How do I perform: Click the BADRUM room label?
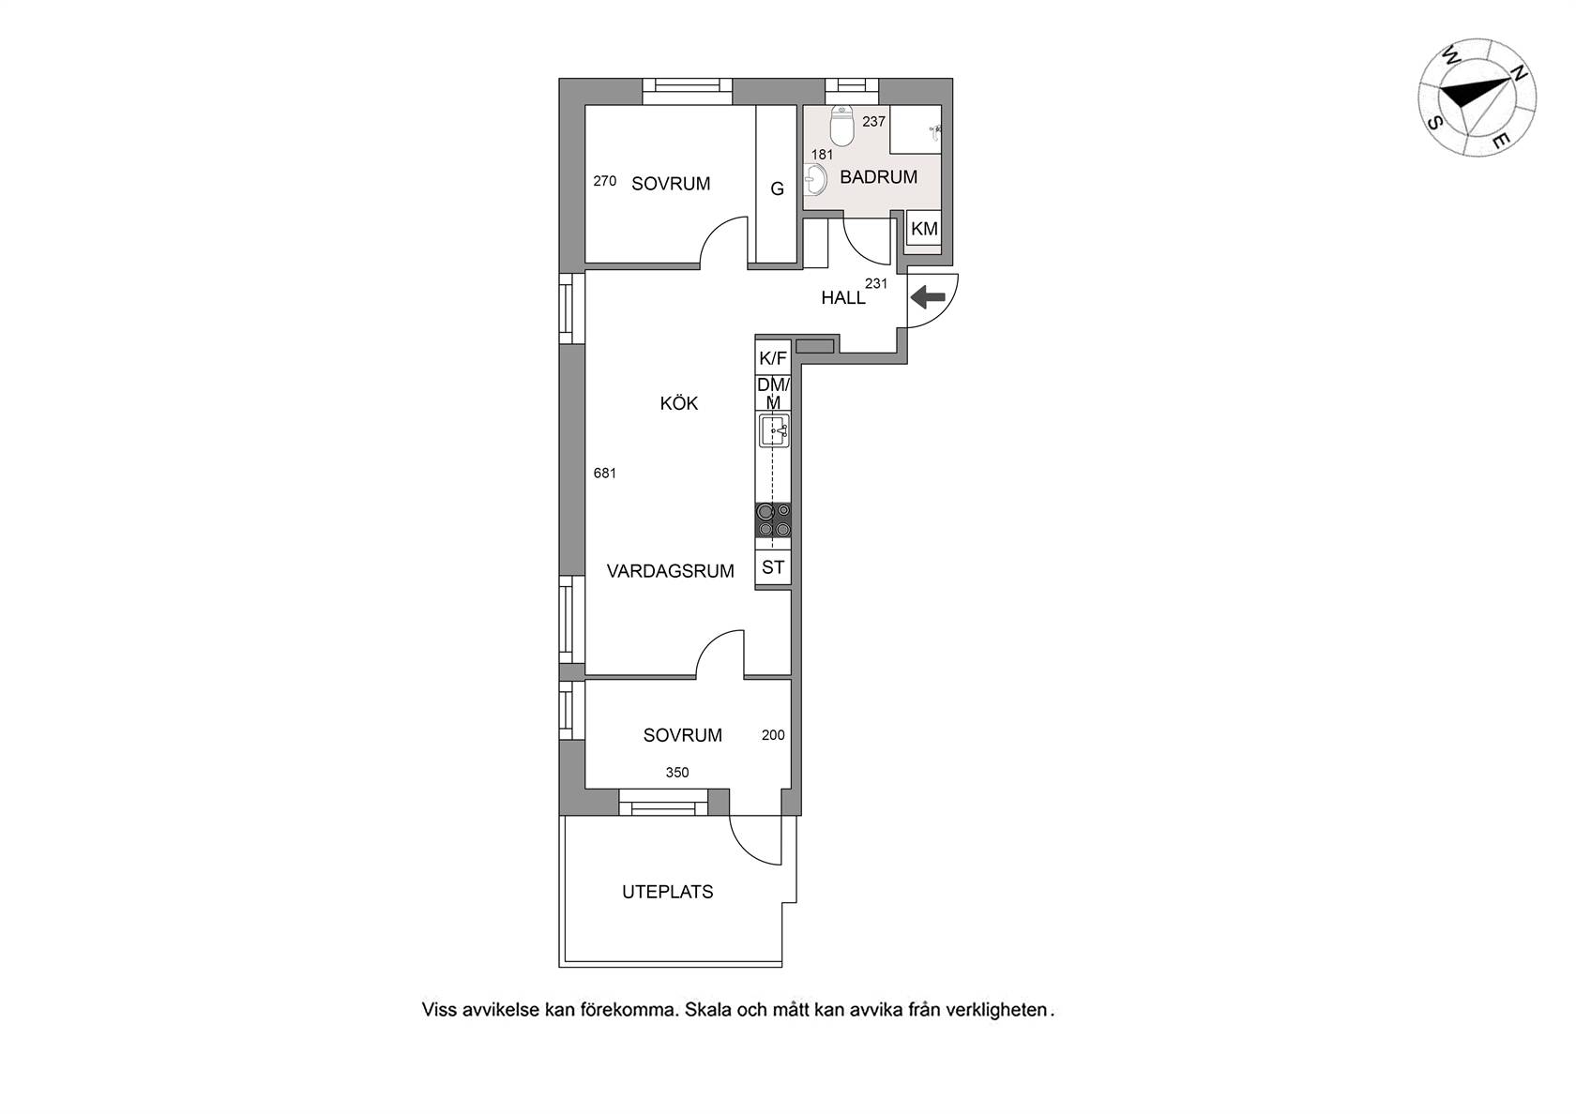coord(878,177)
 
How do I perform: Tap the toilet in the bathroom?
coord(841,126)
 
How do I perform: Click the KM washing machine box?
coord(924,229)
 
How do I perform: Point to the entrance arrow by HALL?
coord(927,297)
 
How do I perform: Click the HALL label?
coord(842,298)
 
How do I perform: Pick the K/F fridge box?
coord(773,358)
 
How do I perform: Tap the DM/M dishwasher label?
coord(773,394)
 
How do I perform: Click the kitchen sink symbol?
coord(773,430)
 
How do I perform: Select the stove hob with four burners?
coord(773,520)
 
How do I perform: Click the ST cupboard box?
coord(773,567)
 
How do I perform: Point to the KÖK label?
coord(679,403)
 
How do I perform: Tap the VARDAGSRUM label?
coord(671,571)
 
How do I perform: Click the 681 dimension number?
coord(605,474)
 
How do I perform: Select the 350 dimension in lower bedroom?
coord(677,773)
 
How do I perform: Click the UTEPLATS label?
coord(668,892)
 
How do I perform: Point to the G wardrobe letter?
coord(778,188)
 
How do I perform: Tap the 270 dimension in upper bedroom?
coord(605,181)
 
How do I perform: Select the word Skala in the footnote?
coord(708,1010)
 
